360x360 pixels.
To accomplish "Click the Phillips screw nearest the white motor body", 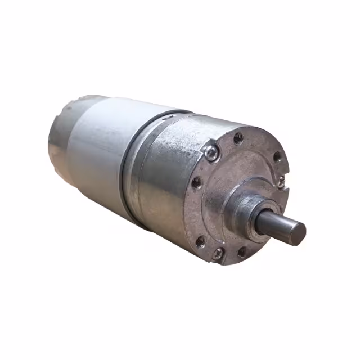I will point(210,152).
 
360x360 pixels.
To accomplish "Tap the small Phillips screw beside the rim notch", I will point(281,181).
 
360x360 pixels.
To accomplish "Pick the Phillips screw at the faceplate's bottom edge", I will point(218,253).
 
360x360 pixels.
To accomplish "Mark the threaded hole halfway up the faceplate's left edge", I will point(196,182).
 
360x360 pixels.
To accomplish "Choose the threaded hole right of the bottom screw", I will point(242,253).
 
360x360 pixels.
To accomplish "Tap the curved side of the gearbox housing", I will point(163,180).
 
